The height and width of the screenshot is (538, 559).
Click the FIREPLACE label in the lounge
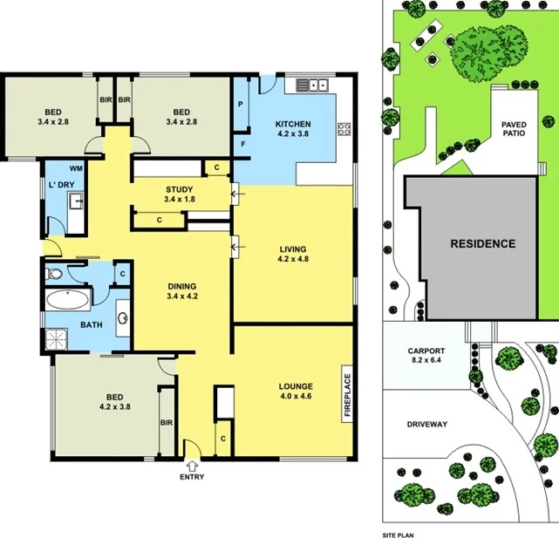coord(346,397)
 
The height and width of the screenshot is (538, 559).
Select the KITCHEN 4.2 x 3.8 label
coord(293,129)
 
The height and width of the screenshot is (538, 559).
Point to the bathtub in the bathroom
coord(67,303)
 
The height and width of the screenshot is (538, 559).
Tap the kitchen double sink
coord(311,85)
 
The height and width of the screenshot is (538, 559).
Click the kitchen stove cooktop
coord(344,128)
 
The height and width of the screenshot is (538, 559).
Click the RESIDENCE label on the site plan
coord(482,244)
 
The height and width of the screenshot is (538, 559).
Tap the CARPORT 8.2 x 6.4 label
coord(426,357)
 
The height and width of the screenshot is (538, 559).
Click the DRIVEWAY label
coord(427,425)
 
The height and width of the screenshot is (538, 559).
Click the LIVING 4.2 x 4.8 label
coord(293,253)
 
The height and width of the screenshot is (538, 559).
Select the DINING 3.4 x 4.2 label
coord(182,290)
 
